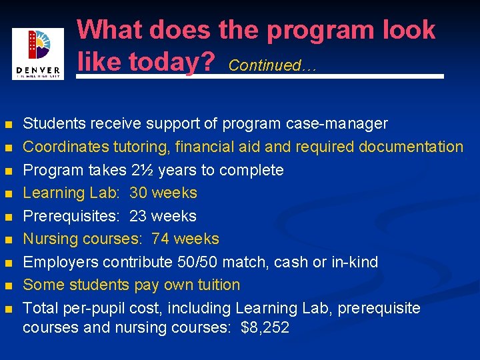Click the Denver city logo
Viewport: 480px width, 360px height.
[38, 53]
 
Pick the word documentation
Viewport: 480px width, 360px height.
[411, 147]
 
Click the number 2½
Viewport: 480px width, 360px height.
[141, 170]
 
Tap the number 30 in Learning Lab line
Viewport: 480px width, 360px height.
[138, 193]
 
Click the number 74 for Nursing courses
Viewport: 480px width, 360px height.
[160, 239]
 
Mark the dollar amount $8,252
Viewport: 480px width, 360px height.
[266, 328]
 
